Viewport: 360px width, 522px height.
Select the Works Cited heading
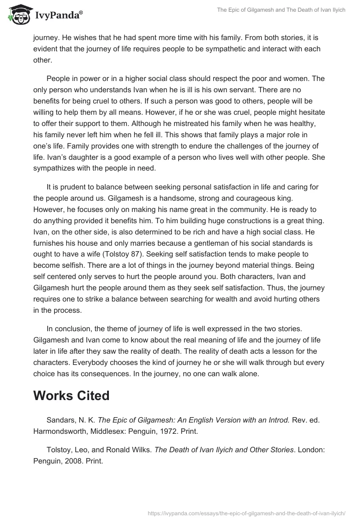pyautogui.click(x=72, y=396)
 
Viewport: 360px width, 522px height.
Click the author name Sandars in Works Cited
pyautogui.click(x=62, y=420)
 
